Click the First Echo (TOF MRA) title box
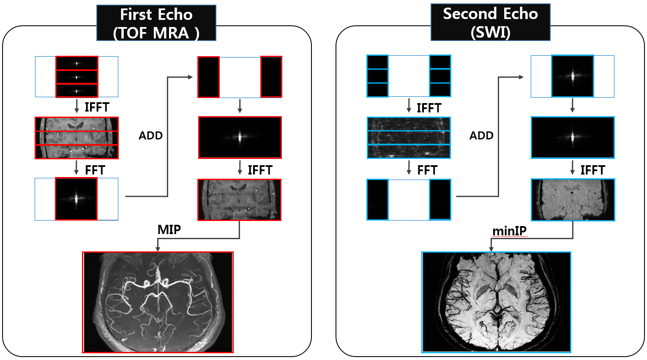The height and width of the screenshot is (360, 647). point(156,23)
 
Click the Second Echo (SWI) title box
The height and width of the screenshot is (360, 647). point(490,22)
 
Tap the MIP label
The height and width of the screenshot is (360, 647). point(169,229)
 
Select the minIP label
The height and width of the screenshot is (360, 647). point(509,231)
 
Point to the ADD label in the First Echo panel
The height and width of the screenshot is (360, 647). point(151,136)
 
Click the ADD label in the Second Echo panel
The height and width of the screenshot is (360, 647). point(481,136)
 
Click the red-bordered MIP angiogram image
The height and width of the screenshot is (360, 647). point(158,302)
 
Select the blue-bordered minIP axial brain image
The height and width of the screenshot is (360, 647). point(497,302)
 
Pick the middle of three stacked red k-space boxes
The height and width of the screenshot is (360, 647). point(77,77)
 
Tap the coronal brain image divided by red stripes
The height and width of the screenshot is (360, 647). point(76,138)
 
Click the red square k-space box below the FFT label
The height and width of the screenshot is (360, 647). point(76,199)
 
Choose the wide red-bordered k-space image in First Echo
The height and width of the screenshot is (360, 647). point(240,137)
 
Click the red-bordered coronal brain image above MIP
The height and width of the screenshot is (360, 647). point(239,200)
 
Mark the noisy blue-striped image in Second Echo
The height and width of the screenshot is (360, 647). point(409,138)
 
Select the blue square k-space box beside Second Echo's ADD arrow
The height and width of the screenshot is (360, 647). point(573,76)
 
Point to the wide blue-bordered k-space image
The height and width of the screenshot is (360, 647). point(573,137)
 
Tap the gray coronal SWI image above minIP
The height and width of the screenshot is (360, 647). point(573,200)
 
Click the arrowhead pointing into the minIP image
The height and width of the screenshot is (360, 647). point(491,249)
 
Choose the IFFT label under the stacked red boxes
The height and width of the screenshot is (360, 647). point(97,107)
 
